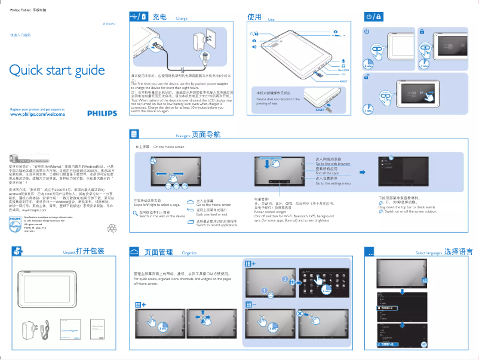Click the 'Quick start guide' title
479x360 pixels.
pos(57,70)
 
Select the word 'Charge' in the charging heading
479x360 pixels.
pos(182,19)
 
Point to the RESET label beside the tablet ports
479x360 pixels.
pos(343,81)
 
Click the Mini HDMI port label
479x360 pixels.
pos(343,69)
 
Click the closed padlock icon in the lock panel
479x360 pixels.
pos(422,31)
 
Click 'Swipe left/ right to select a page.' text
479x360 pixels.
pos(156,204)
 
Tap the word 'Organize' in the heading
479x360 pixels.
pos(189,253)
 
